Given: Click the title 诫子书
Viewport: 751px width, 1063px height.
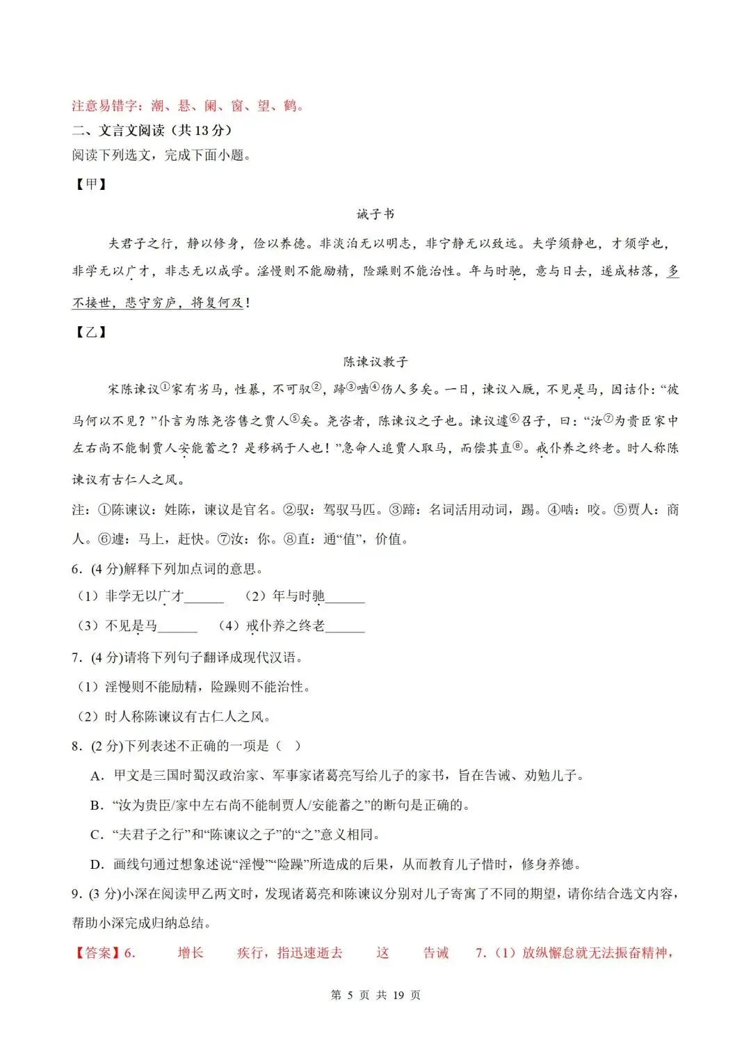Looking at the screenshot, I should (x=375, y=214).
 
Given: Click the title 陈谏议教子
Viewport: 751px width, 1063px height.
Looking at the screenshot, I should (x=375, y=361).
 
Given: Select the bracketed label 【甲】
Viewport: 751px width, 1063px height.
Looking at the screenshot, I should (x=91, y=184).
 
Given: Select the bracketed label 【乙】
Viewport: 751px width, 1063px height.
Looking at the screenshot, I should (x=91, y=332).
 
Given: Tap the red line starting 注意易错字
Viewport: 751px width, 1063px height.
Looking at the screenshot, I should (x=188, y=106).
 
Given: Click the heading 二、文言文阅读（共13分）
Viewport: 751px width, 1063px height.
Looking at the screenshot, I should (x=152, y=130).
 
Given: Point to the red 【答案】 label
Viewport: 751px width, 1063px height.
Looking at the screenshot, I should (x=97, y=952).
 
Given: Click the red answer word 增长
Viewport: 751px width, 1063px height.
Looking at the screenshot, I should (x=191, y=952).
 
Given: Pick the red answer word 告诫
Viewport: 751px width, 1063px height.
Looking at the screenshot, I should (x=436, y=952).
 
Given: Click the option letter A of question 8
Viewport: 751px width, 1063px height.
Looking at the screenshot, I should (x=97, y=776).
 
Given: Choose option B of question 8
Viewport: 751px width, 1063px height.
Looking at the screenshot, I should (x=97, y=806).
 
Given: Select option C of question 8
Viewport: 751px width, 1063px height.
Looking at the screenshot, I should (x=97, y=835).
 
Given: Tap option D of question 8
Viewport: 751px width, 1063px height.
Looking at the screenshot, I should (x=97, y=865).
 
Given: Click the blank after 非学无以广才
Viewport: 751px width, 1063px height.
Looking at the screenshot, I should (x=204, y=598).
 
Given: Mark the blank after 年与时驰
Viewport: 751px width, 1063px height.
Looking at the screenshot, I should (x=345, y=598).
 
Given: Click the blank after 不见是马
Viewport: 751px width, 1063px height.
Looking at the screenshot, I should (x=178, y=627).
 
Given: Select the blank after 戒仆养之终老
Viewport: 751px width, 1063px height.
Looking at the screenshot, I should (x=345, y=627).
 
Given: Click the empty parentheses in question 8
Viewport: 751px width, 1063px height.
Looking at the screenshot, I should (x=289, y=746).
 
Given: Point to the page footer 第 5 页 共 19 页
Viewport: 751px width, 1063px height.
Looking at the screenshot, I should (x=375, y=995).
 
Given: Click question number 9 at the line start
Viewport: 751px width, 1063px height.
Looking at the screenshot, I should (x=76, y=894).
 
